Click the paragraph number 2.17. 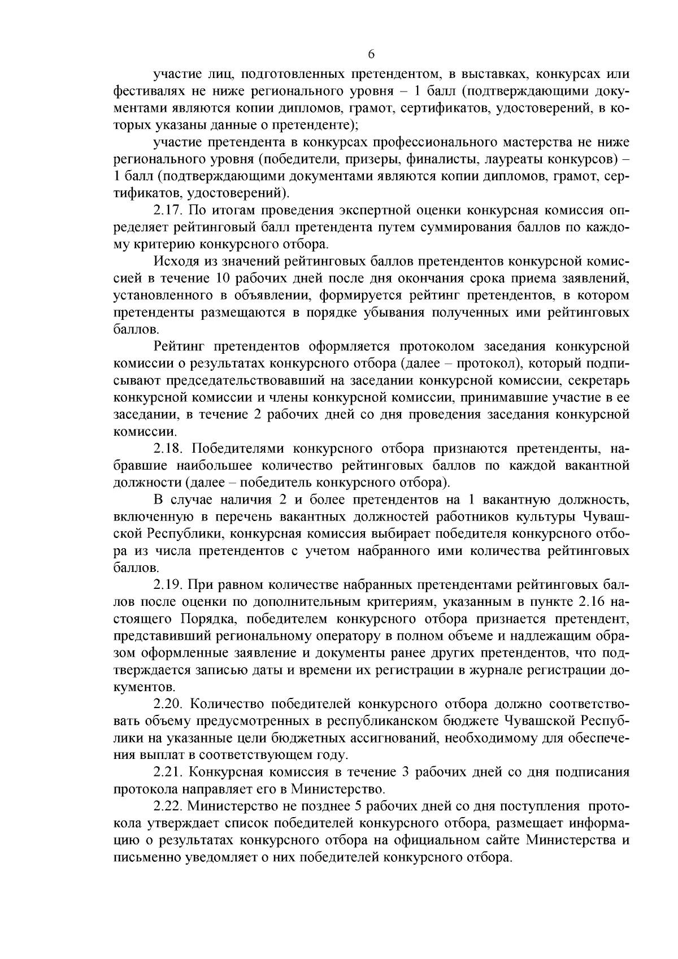pos(168,211)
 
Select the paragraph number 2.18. pos(168,449)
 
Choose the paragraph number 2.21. pos(168,771)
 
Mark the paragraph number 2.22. pos(168,805)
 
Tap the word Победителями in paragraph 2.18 pos(237,449)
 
